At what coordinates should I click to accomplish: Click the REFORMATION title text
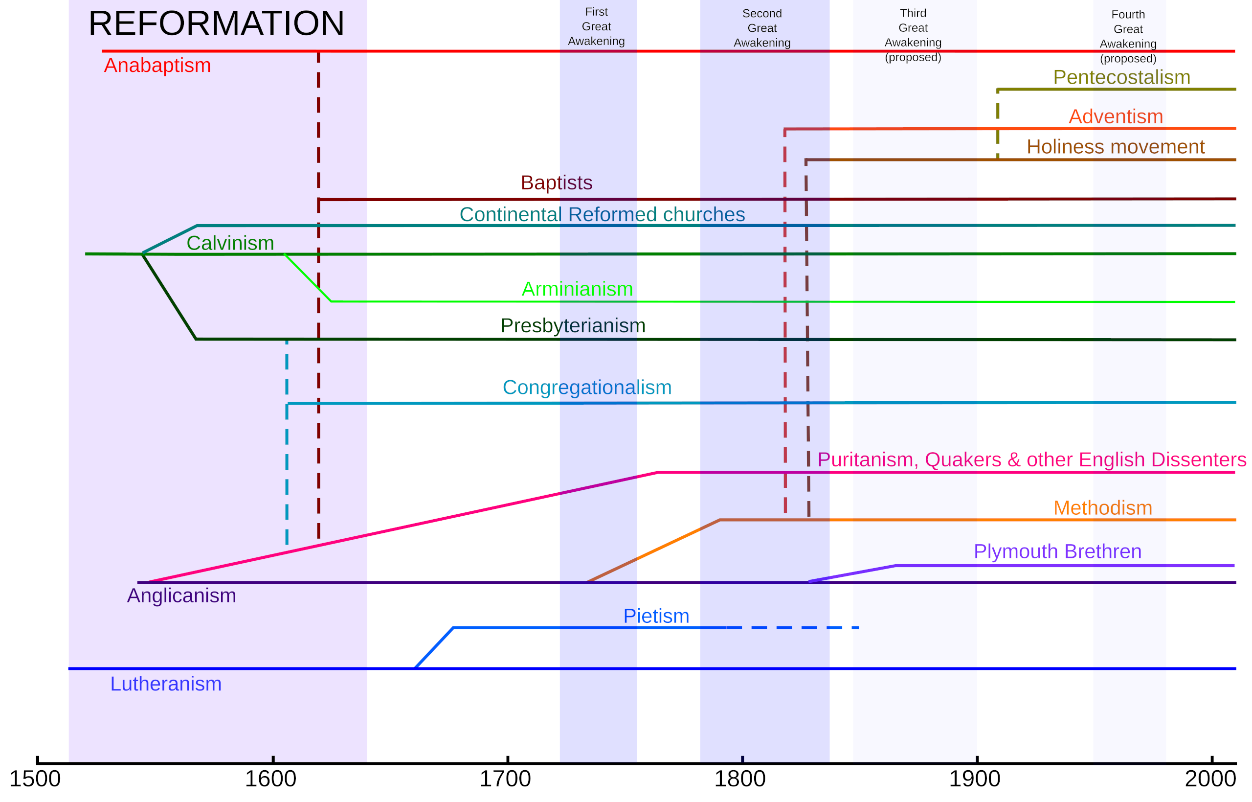coord(216,24)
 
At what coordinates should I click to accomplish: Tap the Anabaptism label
coord(157,66)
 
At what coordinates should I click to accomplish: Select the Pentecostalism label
coord(1121,78)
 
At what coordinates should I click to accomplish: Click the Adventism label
coord(1116,116)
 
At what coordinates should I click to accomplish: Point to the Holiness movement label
coord(1115,147)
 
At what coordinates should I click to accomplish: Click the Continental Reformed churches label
coord(602,214)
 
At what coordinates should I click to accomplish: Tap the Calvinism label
coord(230,243)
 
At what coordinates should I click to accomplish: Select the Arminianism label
coord(577,289)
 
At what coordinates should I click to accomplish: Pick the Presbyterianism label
coord(572,325)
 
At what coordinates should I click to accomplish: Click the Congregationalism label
coord(586,388)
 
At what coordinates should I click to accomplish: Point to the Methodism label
coord(1102,508)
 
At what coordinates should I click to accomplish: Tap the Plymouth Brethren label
coord(1057,551)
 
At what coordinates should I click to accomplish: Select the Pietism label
coord(656,616)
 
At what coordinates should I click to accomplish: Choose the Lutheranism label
coord(165,684)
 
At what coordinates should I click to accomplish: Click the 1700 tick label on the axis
coord(504,779)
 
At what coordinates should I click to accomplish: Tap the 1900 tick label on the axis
coord(974,779)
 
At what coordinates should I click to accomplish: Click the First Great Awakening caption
coord(596,26)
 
